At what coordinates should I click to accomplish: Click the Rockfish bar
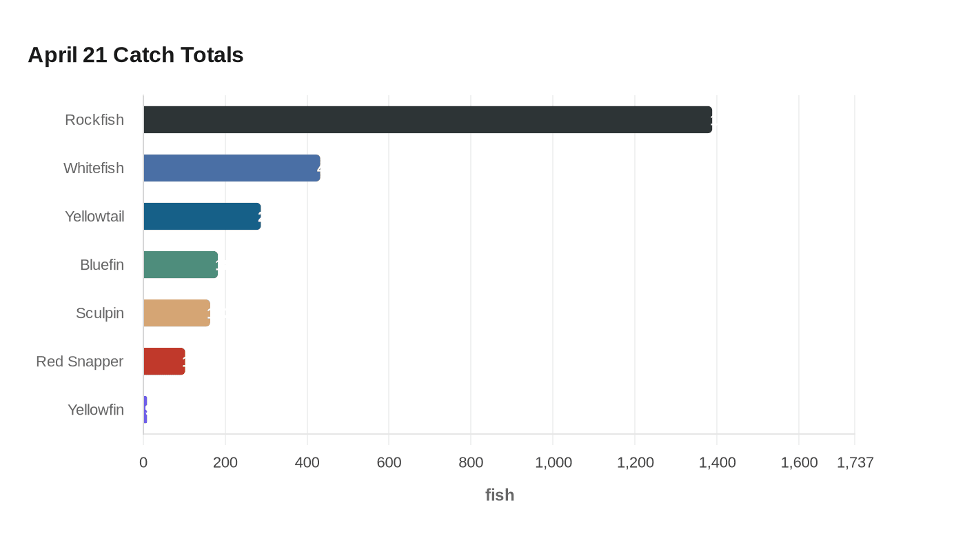(427, 120)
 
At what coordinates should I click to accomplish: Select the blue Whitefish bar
(232, 168)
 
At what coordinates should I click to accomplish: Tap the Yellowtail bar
(202, 217)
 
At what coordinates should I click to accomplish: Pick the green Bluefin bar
(181, 265)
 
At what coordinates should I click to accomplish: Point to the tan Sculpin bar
(176, 313)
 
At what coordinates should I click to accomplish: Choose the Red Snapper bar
(164, 362)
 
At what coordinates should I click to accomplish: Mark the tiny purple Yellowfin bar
(145, 410)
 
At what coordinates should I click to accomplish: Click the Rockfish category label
(94, 120)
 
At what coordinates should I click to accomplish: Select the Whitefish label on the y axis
(94, 168)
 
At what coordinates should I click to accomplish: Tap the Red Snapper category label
(80, 362)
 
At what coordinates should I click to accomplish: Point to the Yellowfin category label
(96, 410)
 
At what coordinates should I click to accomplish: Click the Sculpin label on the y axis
(100, 313)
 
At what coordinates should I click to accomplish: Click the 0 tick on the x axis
(143, 462)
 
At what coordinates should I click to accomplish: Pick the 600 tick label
(389, 462)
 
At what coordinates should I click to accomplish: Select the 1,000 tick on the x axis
(553, 462)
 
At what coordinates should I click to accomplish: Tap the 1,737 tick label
(855, 462)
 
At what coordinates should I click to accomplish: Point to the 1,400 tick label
(717, 462)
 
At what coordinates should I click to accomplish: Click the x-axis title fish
(500, 495)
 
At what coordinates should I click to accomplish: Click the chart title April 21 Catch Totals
(136, 55)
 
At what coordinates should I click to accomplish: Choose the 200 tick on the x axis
(225, 462)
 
